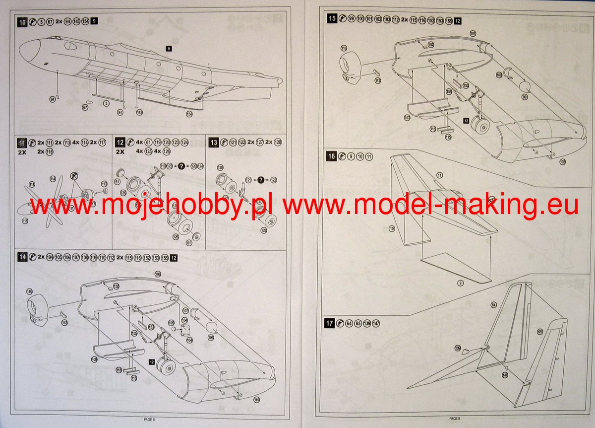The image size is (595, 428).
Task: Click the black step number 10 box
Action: click(x=22, y=21)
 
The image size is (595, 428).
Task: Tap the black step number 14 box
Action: click(x=22, y=257)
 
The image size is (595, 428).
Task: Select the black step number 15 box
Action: click(x=332, y=19)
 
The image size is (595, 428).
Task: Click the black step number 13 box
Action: click(x=214, y=143)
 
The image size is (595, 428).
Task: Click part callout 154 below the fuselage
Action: click(x=189, y=114)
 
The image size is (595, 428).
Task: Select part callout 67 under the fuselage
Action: click(x=85, y=107)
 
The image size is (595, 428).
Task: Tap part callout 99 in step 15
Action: click(x=525, y=96)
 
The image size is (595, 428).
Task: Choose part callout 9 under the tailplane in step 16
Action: click(x=460, y=283)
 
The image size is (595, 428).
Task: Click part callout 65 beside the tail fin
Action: click(x=539, y=331)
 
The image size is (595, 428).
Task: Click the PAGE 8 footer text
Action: click(x=149, y=420)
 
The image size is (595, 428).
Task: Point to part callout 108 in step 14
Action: click(x=158, y=274)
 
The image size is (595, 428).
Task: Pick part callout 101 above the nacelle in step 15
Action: click(x=473, y=34)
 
